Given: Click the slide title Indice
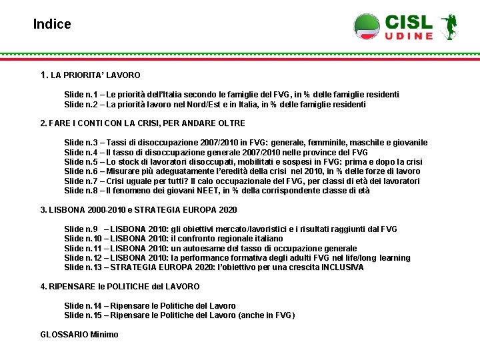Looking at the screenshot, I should pos(52,25).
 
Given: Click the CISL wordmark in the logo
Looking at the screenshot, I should pos(409,22).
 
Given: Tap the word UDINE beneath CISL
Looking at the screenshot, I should pos(409,36).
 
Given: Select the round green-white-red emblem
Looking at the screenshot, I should pos(367,26).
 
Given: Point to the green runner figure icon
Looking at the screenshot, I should pos(448,26).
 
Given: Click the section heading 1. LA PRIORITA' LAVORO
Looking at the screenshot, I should pos(91,75).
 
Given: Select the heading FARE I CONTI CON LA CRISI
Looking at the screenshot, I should pos(143,123).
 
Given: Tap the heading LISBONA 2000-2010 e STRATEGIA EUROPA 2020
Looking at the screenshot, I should pos(139,210).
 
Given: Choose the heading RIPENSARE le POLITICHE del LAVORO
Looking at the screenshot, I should pos(120,287).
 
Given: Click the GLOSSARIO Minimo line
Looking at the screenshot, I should pos(79,335).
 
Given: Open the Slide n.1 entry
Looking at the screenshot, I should pos(231,95).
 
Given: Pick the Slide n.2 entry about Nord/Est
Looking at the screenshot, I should pos(215,105).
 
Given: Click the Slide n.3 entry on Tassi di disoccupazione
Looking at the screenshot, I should pos(245,143).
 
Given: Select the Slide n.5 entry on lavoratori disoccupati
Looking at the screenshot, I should pos(243,162).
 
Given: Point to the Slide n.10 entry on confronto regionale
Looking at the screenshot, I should pos(173,239).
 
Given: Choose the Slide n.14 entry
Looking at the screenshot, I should pos(150,306).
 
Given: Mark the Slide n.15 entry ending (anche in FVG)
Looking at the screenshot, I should pos(179,315).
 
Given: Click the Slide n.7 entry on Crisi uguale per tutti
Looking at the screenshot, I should pos(241,181).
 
